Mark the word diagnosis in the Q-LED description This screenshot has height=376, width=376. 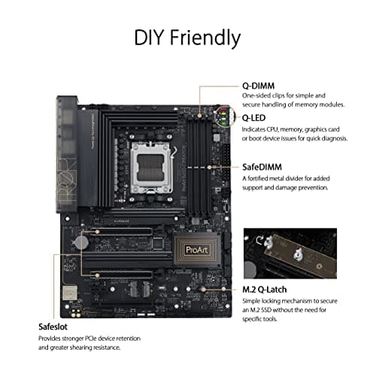(x=336, y=139)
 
